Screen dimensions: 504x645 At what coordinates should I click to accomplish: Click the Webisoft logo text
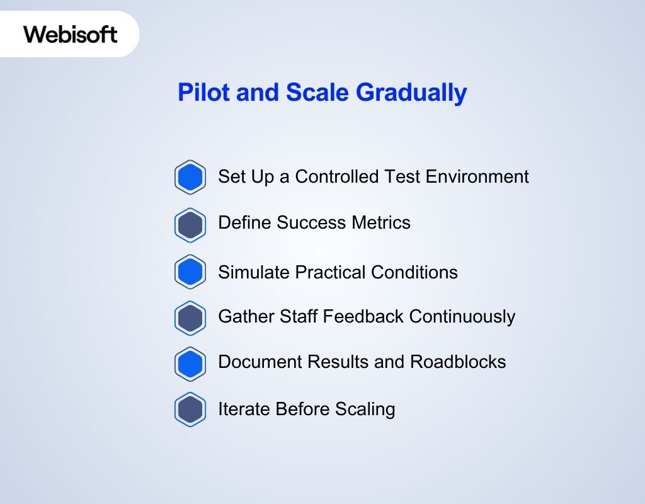tap(71, 34)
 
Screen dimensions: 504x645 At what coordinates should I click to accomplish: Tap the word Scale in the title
tap(317, 93)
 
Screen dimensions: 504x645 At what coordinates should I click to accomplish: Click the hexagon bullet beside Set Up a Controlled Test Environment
tap(190, 177)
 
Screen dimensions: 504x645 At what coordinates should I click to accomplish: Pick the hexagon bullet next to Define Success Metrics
tap(190, 224)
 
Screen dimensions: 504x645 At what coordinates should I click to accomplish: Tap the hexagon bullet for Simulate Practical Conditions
tap(190, 272)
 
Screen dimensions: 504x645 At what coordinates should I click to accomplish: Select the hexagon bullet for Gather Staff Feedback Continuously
tap(190, 318)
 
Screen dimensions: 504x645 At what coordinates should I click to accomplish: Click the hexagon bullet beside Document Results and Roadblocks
tap(190, 364)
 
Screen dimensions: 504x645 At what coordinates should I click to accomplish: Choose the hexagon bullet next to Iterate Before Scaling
tap(190, 409)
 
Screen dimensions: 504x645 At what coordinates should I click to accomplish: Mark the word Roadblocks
tap(458, 362)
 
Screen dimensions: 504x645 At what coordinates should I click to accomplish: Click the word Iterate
tap(240, 409)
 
